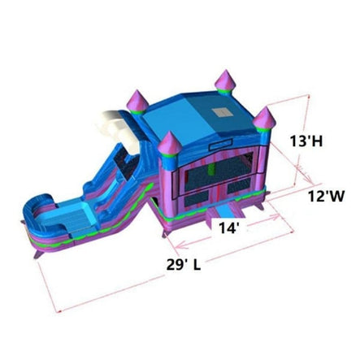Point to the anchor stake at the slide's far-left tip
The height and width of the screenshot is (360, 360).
click(37, 254)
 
